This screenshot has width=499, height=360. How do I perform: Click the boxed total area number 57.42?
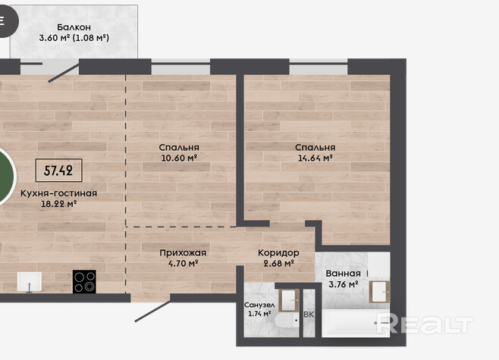[x=58, y=171]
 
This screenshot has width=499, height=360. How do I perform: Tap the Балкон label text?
[x=74, y=27]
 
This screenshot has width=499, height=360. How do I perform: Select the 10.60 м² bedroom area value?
[x=179, y=158]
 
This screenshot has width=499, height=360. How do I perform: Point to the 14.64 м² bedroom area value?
[x=315, y=158]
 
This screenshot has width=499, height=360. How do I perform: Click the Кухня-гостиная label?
[x=58, y=193]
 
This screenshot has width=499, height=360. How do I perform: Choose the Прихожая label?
[x=183, y=253]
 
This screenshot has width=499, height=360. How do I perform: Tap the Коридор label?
[x=278, y=253]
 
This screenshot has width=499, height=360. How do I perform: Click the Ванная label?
[x=343, y=274]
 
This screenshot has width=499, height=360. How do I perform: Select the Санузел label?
[x=259, y=305]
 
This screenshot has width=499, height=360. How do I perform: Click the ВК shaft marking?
[x=309, y=315]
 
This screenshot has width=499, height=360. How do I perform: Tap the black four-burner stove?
[x=84, y=281]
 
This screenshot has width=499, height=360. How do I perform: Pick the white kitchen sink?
[x=30, y=282]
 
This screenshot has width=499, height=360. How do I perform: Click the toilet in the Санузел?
[x=287, y=321]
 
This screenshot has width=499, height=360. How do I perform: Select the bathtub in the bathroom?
[x=356, y=322]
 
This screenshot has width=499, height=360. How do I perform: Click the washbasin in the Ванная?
[x=380, y=292]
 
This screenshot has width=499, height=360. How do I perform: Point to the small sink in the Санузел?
[x=289, y=300]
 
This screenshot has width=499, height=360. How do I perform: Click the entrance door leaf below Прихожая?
[x=152, y=311]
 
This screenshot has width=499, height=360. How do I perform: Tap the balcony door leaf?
[x=64, y=73]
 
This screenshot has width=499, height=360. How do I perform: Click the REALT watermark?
[x=425, y=324]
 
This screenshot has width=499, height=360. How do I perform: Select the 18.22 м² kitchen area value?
[x=58, y=204]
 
